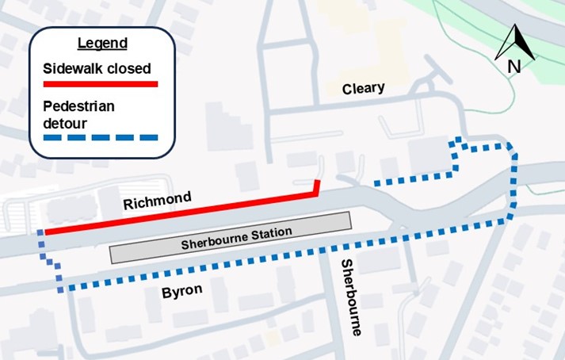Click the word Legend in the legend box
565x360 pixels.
click(x=101, y=42)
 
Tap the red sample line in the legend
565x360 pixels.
click(x=101, y=83)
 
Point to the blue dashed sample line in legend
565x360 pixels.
click(x=101, y=139)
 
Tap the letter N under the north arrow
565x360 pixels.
click(x=513, y=67)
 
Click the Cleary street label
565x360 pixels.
click(x=363, y=88)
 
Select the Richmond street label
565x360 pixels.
click(x=157, y=201)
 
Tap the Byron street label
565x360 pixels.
click(x=181, y=293)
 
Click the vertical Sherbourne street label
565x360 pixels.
click(x=349, y=297)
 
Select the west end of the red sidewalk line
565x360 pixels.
click(x=46, y=232)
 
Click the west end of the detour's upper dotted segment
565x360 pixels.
click(x=376, y=184)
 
